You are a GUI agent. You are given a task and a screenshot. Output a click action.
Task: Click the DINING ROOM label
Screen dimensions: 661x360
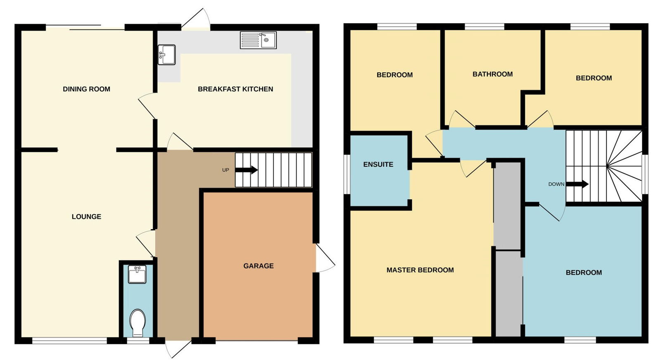click(86, 89)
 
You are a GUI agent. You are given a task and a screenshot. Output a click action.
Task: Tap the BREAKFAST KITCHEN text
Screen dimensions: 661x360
click(235, 89)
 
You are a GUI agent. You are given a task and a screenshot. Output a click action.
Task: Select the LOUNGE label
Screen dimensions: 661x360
click(86, 217)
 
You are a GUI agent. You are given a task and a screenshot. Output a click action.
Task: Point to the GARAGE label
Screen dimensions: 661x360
click(259, 266)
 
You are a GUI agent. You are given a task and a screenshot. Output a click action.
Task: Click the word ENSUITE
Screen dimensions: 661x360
click(378, 165)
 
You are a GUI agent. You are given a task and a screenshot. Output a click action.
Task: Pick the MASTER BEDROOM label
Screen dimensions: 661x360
click(420, 270)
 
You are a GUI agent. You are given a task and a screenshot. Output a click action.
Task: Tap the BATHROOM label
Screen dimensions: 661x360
click(492, 74)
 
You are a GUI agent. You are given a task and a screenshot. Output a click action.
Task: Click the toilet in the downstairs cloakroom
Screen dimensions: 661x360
click(138, 323)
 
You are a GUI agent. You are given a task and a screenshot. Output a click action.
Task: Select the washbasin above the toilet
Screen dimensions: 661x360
click(137, 274)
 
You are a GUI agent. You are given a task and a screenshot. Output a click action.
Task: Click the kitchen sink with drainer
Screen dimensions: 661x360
click(258, 40)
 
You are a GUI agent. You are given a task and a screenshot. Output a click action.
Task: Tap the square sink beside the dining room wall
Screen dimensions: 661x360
click(167, 54)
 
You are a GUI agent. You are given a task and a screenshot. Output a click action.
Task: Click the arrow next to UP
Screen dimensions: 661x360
click(247, 170)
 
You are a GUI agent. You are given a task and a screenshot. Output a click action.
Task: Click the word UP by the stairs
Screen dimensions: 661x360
click(226, 170)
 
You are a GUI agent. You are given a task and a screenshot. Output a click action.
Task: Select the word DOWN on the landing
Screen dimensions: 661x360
click(556, 184)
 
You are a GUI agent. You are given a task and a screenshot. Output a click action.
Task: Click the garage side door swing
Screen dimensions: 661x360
click(326, 258)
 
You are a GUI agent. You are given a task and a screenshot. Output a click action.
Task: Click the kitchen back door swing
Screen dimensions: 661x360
click(196, 18)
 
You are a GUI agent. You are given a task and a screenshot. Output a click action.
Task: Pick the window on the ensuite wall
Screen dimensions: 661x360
click(347, 174)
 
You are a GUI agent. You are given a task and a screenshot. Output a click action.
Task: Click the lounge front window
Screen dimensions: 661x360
click(69, 341)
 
